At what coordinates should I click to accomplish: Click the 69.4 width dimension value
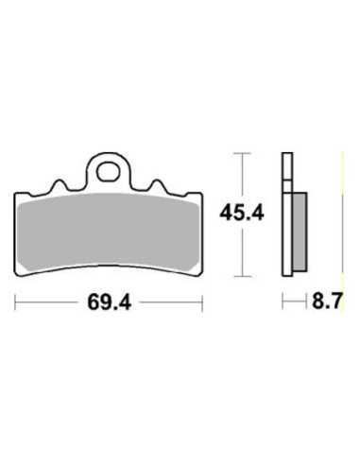[109, 302]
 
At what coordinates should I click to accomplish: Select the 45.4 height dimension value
[242, 213]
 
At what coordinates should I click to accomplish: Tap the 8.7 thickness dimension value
[327, 301]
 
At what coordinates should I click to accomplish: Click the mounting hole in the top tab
[108, 172]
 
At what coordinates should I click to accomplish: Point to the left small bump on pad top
[60, 185]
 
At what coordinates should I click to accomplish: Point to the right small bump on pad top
[157, 185]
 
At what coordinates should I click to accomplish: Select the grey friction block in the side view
[300, 232]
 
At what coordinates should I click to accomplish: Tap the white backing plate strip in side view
[287, 215]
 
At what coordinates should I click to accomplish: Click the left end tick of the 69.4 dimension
[15, 302]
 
